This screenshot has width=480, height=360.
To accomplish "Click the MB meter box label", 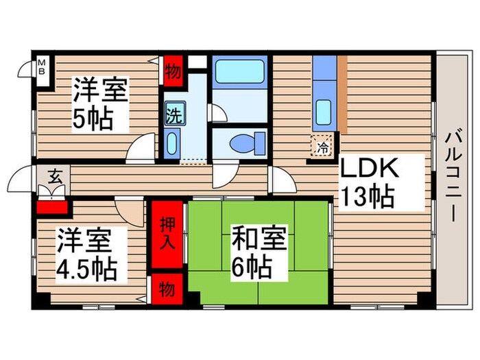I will [42, 68].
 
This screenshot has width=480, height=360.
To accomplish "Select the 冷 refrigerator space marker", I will [322, 145].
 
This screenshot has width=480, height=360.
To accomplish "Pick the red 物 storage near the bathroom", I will [174, 71].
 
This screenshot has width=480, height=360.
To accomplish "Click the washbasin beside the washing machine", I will [173, 145].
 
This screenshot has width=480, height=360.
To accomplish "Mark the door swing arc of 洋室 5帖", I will [144, 145].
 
